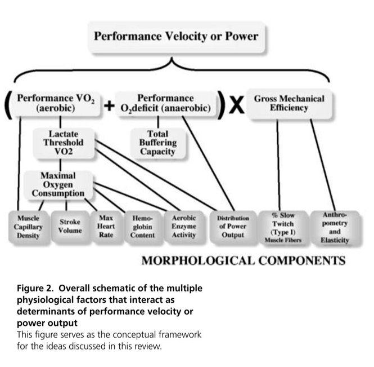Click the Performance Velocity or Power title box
pyautogui.click(x=175, y=37)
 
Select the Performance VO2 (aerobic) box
pyautogui.click(x=55, y=103)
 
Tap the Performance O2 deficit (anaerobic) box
pyautogui.click(x=165, y=103)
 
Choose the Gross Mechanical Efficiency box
pyautogui.click(x=289, y=103)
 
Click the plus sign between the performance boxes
pyautogui.click(x=109, y=105)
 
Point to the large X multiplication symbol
pyautogui.click(x=237, y=105)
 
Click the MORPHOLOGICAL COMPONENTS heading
pyautogui.click(x=243, y=261)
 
